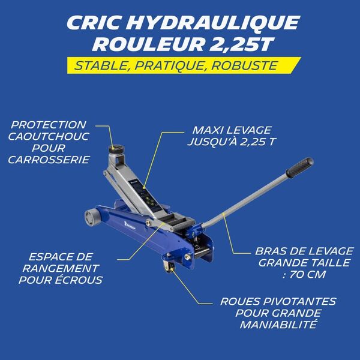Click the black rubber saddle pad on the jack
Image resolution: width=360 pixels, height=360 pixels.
(115, 147)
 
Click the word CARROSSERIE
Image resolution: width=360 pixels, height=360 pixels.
(53, 160)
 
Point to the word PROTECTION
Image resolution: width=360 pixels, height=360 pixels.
(49, 125)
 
